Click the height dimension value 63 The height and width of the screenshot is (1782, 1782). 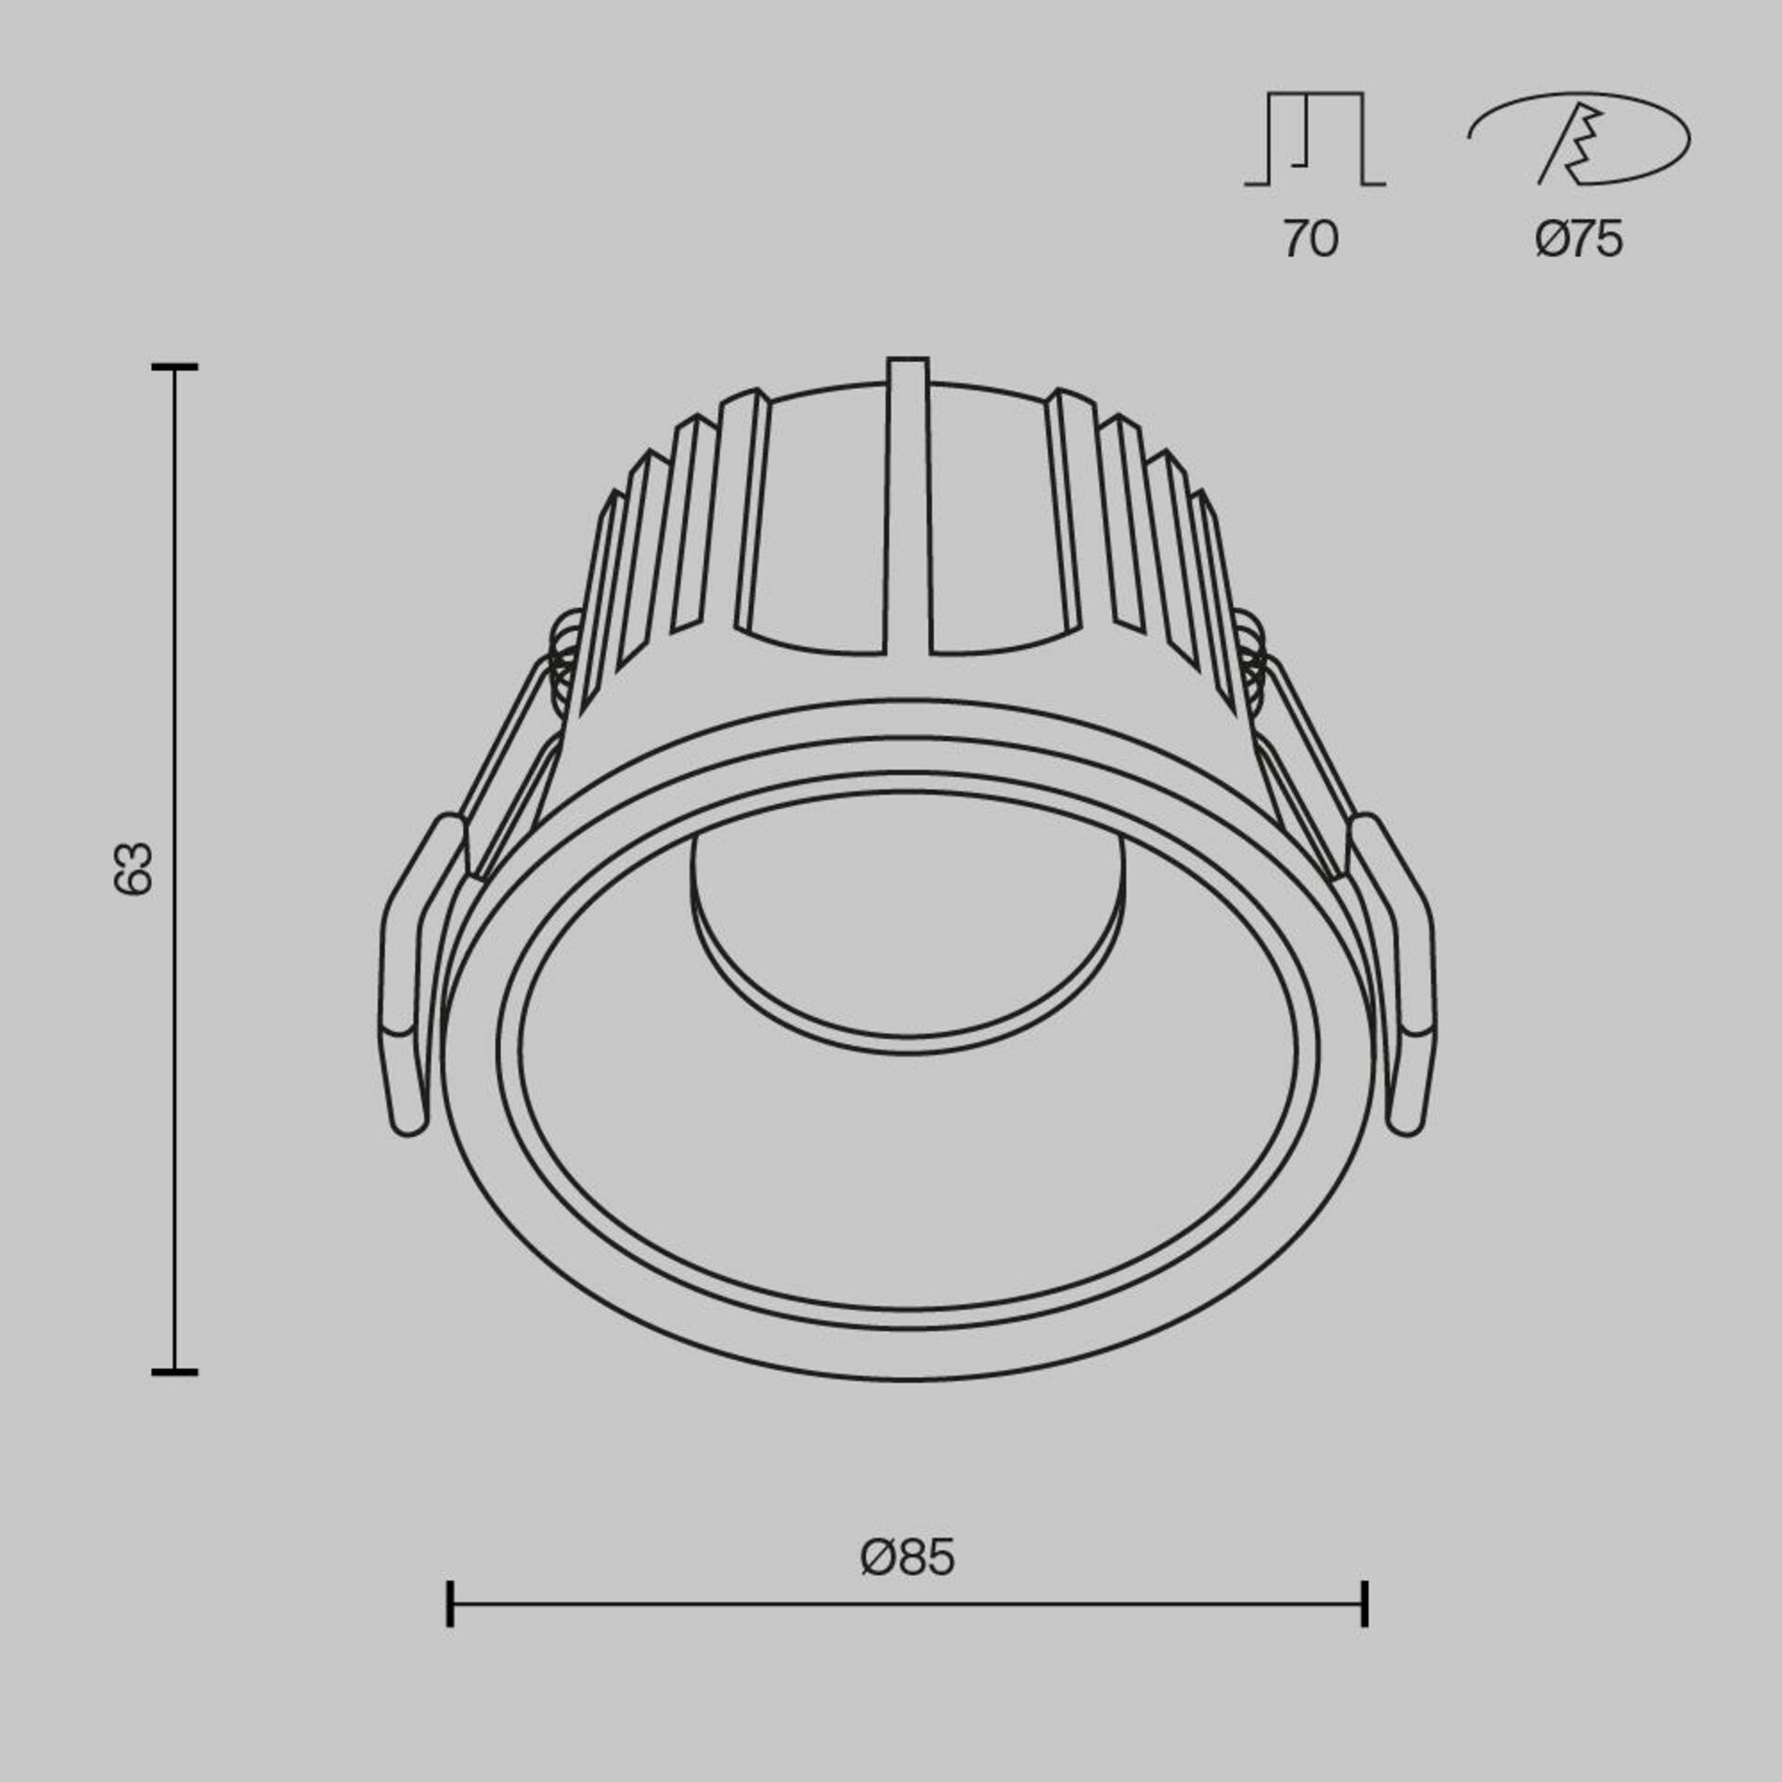133,869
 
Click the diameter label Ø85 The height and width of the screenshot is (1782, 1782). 907,1558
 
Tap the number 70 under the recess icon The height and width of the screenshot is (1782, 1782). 1311,239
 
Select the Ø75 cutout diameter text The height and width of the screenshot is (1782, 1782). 1578,239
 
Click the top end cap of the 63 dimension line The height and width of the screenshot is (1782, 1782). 174,368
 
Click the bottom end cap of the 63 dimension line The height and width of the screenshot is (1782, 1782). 174,1371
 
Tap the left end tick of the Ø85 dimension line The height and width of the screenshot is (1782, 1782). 450,1604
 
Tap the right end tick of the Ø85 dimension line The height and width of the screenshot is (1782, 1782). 1364,1604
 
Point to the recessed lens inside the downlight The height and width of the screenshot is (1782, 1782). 907,937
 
